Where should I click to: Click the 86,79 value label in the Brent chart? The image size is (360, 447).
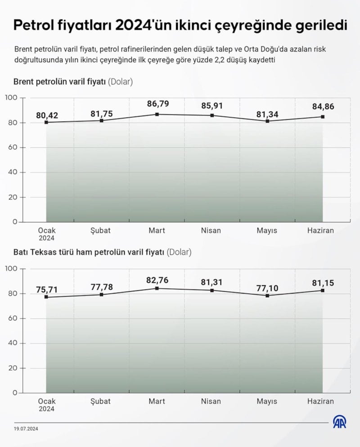158,104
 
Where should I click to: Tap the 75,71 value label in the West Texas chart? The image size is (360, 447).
47,289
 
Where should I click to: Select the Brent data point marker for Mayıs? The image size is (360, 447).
267,121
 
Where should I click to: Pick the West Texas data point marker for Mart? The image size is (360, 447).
157,288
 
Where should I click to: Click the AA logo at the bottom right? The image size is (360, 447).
340,422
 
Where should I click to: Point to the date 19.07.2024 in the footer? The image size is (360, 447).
26,429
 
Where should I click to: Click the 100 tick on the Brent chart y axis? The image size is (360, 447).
11,98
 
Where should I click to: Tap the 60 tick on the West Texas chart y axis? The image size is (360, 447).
13,318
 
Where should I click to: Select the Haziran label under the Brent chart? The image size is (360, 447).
320,230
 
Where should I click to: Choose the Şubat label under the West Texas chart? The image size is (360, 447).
100,402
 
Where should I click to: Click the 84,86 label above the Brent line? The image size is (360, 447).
323,107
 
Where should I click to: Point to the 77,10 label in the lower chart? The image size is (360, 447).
267,288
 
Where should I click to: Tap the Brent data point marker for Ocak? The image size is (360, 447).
46,122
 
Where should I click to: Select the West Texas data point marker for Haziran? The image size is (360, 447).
323,290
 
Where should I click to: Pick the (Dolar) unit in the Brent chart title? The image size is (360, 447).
120,82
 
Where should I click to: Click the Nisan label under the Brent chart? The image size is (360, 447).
211,230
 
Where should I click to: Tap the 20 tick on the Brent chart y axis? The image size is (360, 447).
13,197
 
